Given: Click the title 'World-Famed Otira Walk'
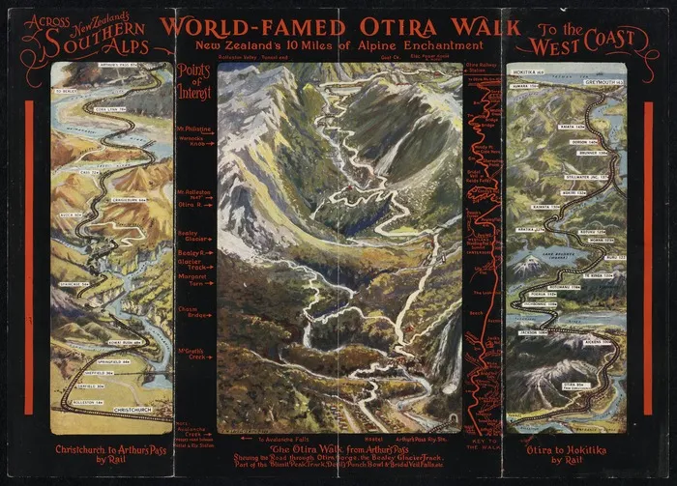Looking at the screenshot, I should tap(339, 26).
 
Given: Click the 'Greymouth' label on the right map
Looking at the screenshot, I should tap(600, 71).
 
